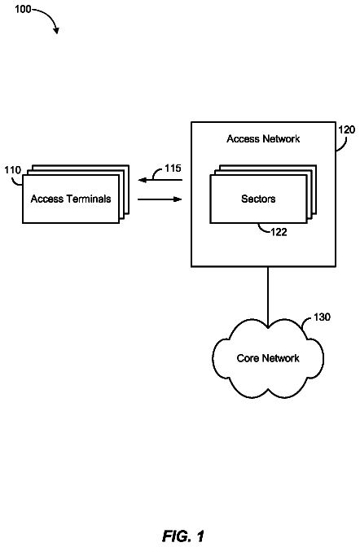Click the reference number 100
coord(23,9)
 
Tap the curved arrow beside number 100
coord(50,16)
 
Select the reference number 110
coord(12,170)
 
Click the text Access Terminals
coord(71,199)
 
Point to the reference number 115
coord(173,168)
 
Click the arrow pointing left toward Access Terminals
coord(160,180)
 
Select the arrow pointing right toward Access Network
coord(160,199)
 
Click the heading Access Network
coord(263,139)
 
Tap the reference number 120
coord(346,129)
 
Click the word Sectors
coord(258,199)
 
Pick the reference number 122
coord(279,232)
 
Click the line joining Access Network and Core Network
coord(268,297)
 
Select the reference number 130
coord(322,317)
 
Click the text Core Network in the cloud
coord(268,358)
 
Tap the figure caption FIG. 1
coord(183,536)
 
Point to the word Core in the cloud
coord(248,358)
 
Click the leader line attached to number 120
coord(343,145)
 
